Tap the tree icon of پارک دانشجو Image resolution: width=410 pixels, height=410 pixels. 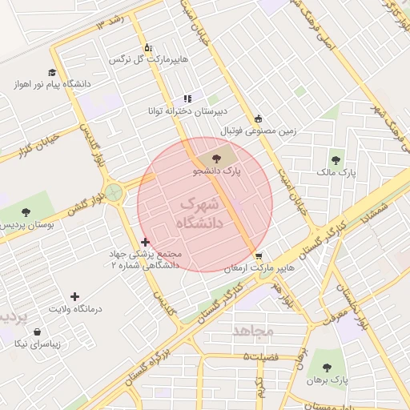pyautogui.click(x=218, y=158)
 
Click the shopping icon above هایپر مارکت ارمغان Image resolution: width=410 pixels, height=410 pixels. pyautogui.click(x=258, y=256)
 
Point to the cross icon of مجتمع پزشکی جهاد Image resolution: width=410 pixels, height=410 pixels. pyautogui.click(x=145, y=242)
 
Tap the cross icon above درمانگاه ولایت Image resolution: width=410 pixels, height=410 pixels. pyautogui.click(x=75, y=296)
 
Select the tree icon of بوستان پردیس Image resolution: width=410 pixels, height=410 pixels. pyautogui.click(x=26, y=213)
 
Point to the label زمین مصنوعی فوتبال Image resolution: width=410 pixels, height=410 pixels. pyautogui.click(x=259, y=130)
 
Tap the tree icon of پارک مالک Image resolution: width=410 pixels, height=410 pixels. pyautogui.click(x=336, y=160)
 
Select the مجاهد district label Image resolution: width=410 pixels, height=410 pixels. pyautogui.click(x=253, y=329)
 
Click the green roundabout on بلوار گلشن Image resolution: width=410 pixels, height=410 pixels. pyautogui.click(x=115, y=191)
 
